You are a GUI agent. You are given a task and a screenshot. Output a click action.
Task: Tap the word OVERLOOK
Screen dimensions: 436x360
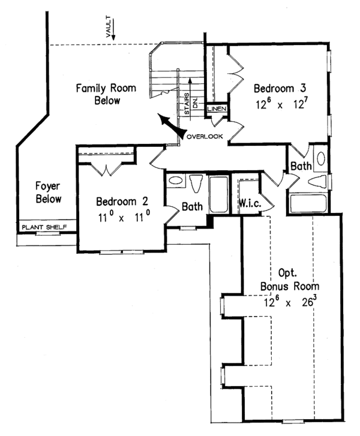point(205,137)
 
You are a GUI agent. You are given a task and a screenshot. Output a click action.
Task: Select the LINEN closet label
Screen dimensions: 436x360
point(215,109)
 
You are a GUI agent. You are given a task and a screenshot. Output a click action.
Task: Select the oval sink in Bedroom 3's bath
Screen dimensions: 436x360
point(320,159)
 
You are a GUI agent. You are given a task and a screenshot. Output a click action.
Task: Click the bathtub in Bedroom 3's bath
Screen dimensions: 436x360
point(307,203)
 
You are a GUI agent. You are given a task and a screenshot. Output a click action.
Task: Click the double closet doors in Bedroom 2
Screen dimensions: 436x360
point(107,168)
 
